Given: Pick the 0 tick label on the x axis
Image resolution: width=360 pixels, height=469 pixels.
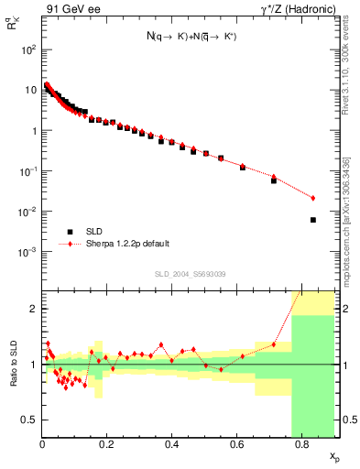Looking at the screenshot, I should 42,446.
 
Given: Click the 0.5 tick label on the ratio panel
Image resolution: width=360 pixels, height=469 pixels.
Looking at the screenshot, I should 29,420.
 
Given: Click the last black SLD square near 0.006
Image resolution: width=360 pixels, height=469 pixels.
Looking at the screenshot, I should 313,220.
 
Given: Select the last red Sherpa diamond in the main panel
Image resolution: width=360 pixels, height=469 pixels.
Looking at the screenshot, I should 313,198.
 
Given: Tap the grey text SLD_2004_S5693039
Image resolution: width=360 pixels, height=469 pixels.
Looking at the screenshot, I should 190,274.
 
